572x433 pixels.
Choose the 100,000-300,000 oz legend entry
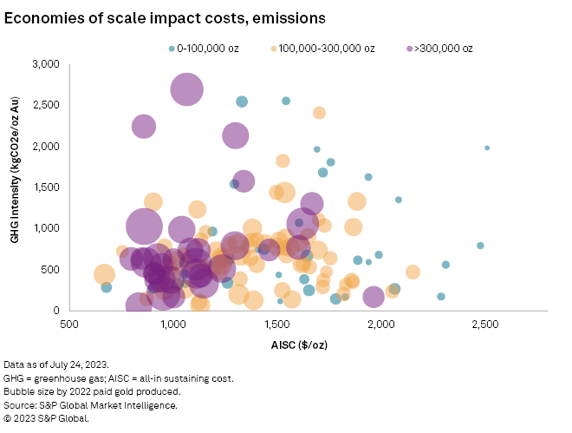click(x=322, y=49)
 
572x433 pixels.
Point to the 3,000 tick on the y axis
click(x=43, y=64)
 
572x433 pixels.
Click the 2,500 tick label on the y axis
click(x=43, y=105)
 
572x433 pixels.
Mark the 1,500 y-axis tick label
click(x=43, y=187)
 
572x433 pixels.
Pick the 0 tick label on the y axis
click(x=55, y=310)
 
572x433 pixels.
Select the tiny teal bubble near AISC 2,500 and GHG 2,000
click(x=487, y=148)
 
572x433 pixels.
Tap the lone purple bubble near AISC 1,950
click(x=374, y=298)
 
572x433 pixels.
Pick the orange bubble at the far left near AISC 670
click(x=105, y=275)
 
